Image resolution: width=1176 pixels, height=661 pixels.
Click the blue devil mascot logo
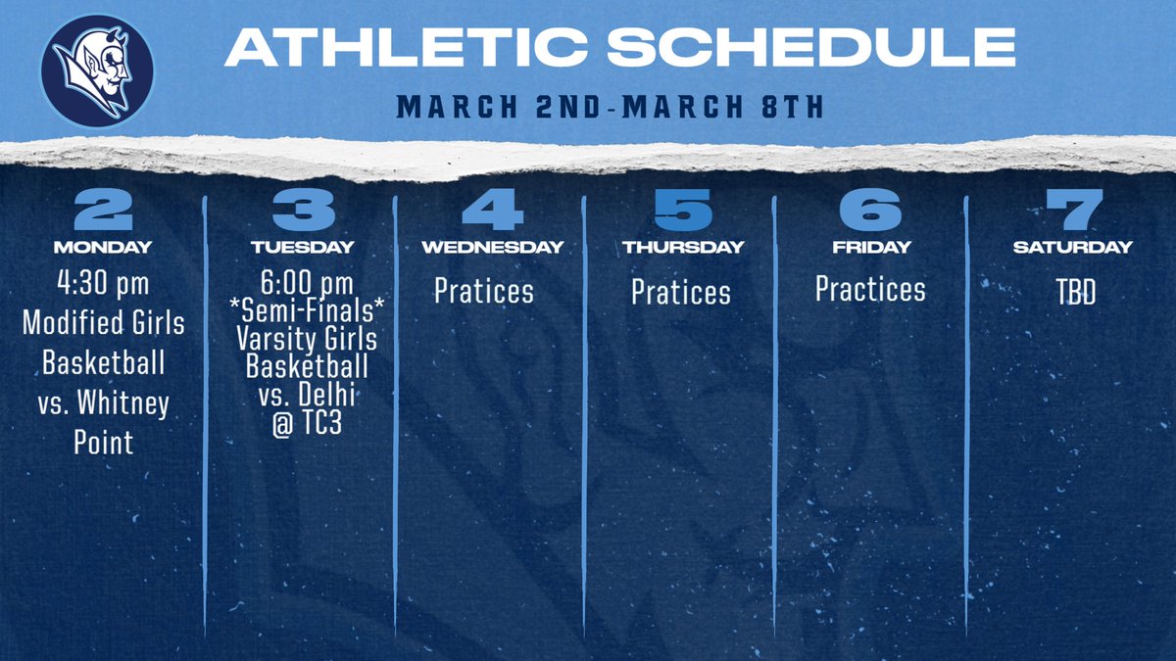coord(97,71)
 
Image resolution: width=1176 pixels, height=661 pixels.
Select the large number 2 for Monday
coord(103,210)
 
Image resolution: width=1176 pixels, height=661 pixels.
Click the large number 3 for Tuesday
coord(304,210)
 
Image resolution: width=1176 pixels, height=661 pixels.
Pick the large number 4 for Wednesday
coord(493,210)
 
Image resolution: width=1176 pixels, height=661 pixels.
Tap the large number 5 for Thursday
coord(683,210)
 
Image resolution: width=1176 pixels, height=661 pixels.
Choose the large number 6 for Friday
coord(871,210)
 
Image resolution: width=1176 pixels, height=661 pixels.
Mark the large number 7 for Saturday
coord(1072,210)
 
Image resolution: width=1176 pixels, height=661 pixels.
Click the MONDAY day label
coord(103,248)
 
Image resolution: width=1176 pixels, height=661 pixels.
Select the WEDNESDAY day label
coord(493,248)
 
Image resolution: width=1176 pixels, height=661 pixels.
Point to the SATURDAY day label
coord(1072,248)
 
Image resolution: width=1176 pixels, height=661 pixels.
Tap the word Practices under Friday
coord(870,289)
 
